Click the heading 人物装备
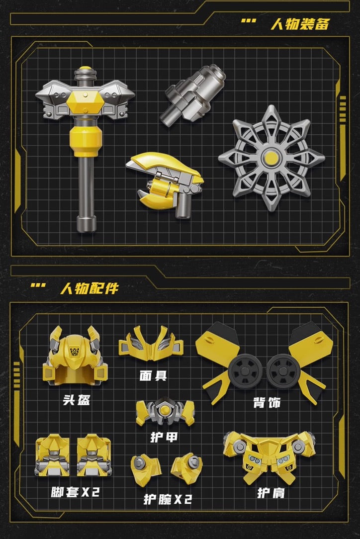click(x=300, y=24)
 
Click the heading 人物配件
click(x=90, y=288)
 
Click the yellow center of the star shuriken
click(x=271, y=158)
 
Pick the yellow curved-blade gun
click(x=165, y=184)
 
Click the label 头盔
click(x=77, y=399)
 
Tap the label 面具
click(x=153, y=375)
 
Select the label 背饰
click(x=267, y=403)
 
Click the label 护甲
click(x=164, y=437)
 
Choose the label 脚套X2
click(x=75, y=492)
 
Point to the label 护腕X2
click(x=168, y=499)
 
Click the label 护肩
click(x=271, y=493)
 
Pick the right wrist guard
click(x=186, y=468)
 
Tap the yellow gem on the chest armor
click(x=165, y=409)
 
